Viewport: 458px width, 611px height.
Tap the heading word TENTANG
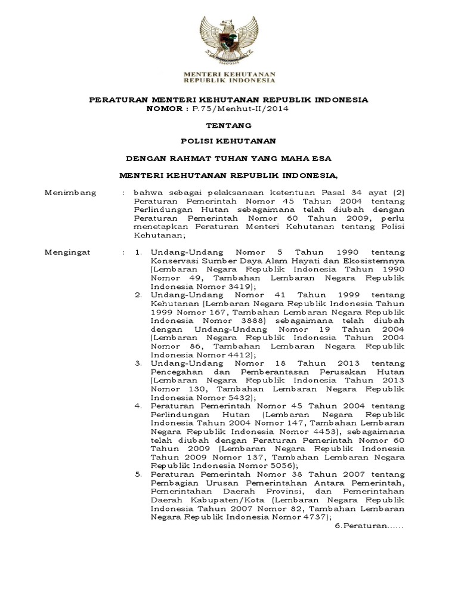(228, 126)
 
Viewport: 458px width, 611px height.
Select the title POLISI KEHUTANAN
(228, 142)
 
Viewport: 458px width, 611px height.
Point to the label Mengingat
(69, 252)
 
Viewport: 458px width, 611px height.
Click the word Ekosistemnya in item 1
(370, 261)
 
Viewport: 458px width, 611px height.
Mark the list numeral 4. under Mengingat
(138, 406)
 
